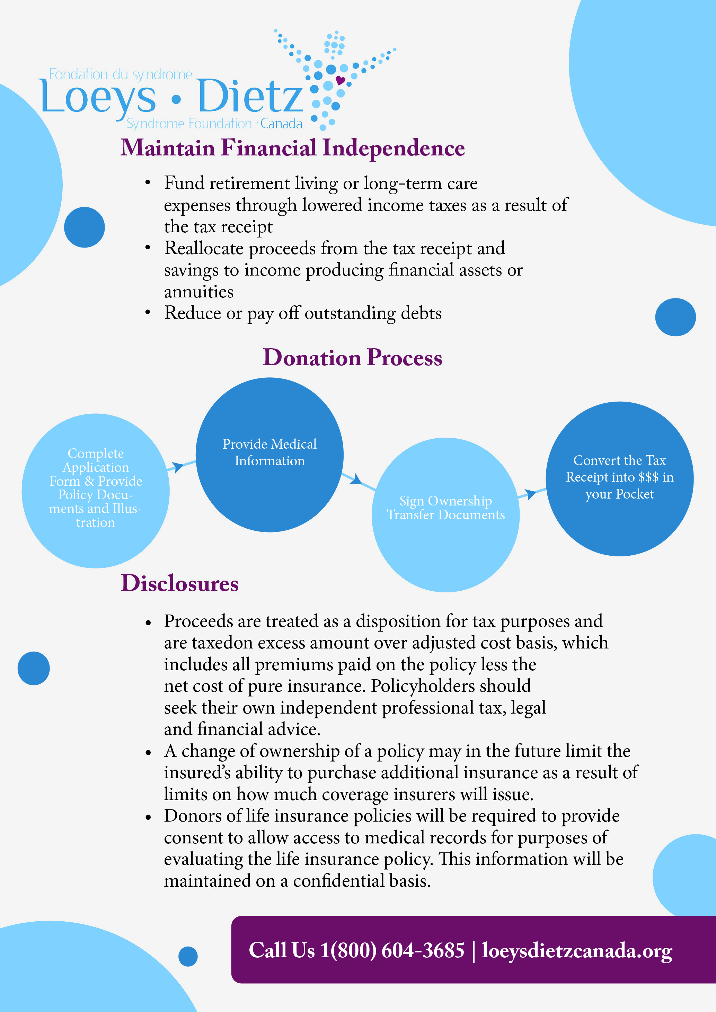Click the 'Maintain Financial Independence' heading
pos(292,147)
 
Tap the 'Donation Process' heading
pos(352,357)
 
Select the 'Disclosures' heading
pos(179,583)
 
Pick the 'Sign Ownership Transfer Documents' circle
pos(445,514)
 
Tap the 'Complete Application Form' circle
pos(95,490)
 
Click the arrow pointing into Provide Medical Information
pos(178,466)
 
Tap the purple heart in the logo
pos(340,80)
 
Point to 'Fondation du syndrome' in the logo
pos(120,74)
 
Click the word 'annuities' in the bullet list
pos(199,292)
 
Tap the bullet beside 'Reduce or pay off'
pos(148,313)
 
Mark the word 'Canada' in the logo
pos(281,124)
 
